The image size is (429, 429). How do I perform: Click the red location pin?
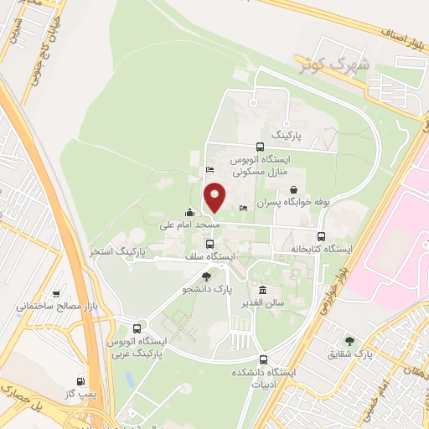[215, 197]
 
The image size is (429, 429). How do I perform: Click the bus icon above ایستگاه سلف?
[209, 244]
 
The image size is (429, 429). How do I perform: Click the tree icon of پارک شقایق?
[349, 341]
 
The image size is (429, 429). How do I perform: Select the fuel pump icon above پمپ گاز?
[81, 380]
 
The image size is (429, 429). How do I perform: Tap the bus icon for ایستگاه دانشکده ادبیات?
[263, 359]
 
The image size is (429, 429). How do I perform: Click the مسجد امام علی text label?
[190, 225]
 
